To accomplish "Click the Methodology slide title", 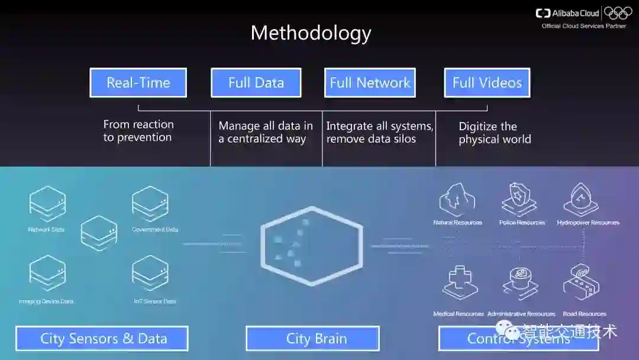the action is [x=311, y=33].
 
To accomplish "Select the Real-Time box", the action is [x=138, y=83].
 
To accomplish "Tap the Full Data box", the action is [x=256, y=83].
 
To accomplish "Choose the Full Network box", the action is [x=370, y=83].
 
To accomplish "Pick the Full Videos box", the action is [x=487, y=83].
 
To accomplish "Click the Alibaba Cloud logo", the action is [x=567, y=13].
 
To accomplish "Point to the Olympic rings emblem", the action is [x=618, y=12].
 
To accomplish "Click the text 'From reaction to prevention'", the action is [x=138, y=131].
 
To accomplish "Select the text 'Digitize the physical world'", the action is [x=495, y=133].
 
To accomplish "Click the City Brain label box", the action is [x=312, y=339].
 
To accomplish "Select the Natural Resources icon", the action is [x=457, y=200].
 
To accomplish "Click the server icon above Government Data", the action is [x=150, y=204].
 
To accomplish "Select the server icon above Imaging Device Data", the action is [x=47, y=272].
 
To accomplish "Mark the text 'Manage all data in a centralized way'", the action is [x=266, y=133].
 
